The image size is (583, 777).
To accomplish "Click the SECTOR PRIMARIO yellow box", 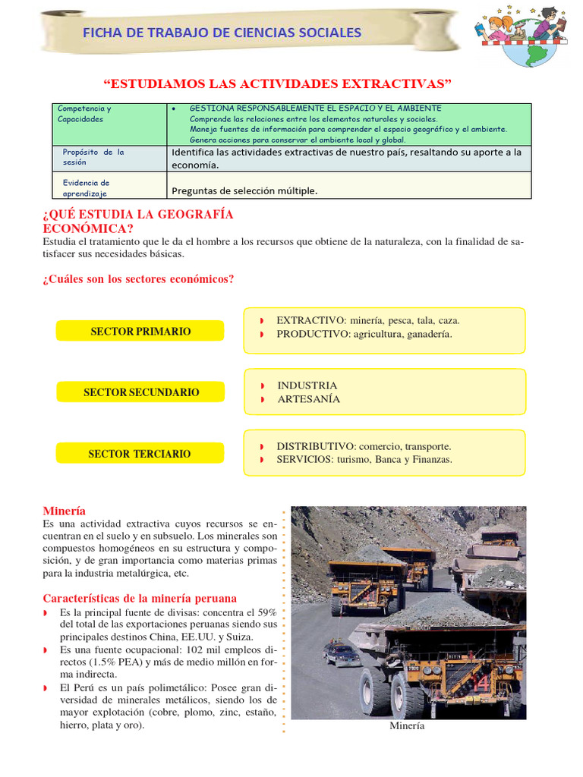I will pos(140,332).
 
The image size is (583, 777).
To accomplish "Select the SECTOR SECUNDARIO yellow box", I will pos(140,392).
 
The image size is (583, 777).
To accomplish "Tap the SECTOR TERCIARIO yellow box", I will pos(140,454).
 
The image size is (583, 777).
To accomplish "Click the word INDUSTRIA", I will pos(307,385).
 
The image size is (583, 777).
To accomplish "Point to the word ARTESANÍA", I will pos(308,399).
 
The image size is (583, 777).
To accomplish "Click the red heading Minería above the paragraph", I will pos(64,511).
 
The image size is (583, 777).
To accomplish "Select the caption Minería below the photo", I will pos(407,726).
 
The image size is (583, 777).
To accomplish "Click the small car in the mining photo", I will pos(342,653).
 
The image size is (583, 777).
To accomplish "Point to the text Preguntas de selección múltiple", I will pos(244,190).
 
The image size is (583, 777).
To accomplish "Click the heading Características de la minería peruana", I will pos(140,598).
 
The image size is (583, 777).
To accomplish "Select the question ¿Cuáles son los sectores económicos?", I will pos(138,279).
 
